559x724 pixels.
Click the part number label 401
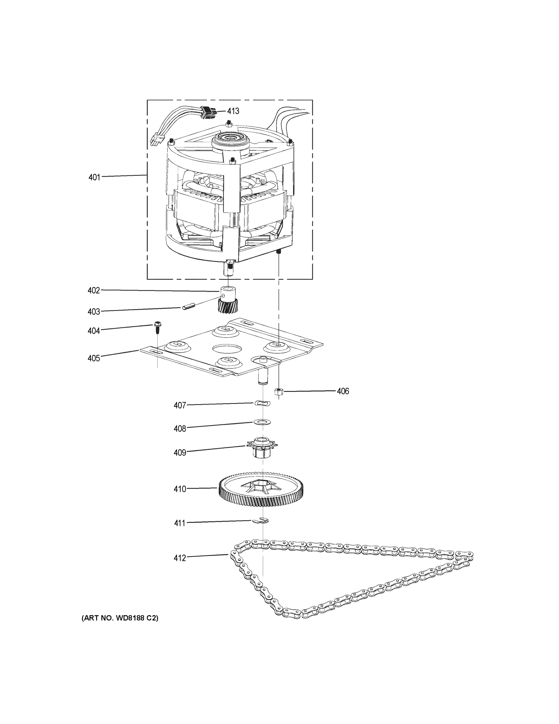(x=94, y=177)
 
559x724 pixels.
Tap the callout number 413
(x=233, y=111)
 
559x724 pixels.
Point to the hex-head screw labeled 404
(x=156, y=328)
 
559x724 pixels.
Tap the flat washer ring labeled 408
(x=262, y=422)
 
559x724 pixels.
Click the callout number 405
(x=94, y=358)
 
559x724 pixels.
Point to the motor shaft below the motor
(x=229, y=271)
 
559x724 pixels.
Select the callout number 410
(x=180, y=489)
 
